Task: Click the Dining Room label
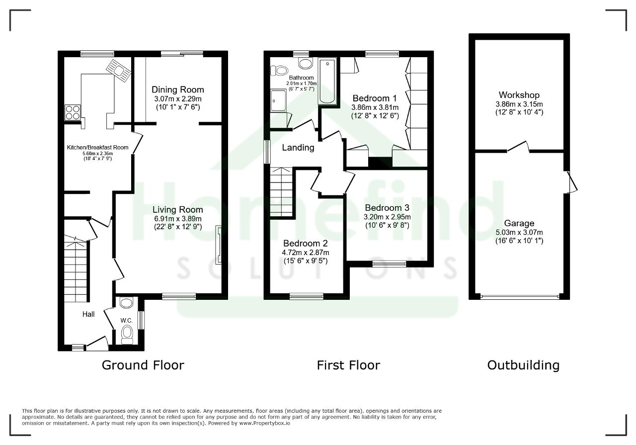pos(178,90)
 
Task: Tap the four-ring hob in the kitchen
pos(73,112)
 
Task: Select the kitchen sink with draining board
pos(119,71)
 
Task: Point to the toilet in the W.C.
pos(127,335)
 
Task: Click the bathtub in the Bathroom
pos(327,81)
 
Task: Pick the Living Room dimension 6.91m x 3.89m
pos(178,219)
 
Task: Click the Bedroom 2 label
pos(306,243)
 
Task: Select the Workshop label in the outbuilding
pos(519,95)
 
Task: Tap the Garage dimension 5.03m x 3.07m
pos(519,233)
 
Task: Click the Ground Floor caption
pos(143,365)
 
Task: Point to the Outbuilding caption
pos(523,365)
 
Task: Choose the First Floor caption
pos(348,365)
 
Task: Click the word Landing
pos(298,148)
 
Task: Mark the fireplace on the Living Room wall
pos(218,245)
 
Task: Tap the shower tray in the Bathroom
pos(278,100)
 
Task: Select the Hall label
pos(88,314)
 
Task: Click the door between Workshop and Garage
pos(518,146)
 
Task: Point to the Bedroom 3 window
pos(389,264)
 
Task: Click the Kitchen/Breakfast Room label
pos(97,148)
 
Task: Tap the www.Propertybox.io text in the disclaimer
pos(265,423)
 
